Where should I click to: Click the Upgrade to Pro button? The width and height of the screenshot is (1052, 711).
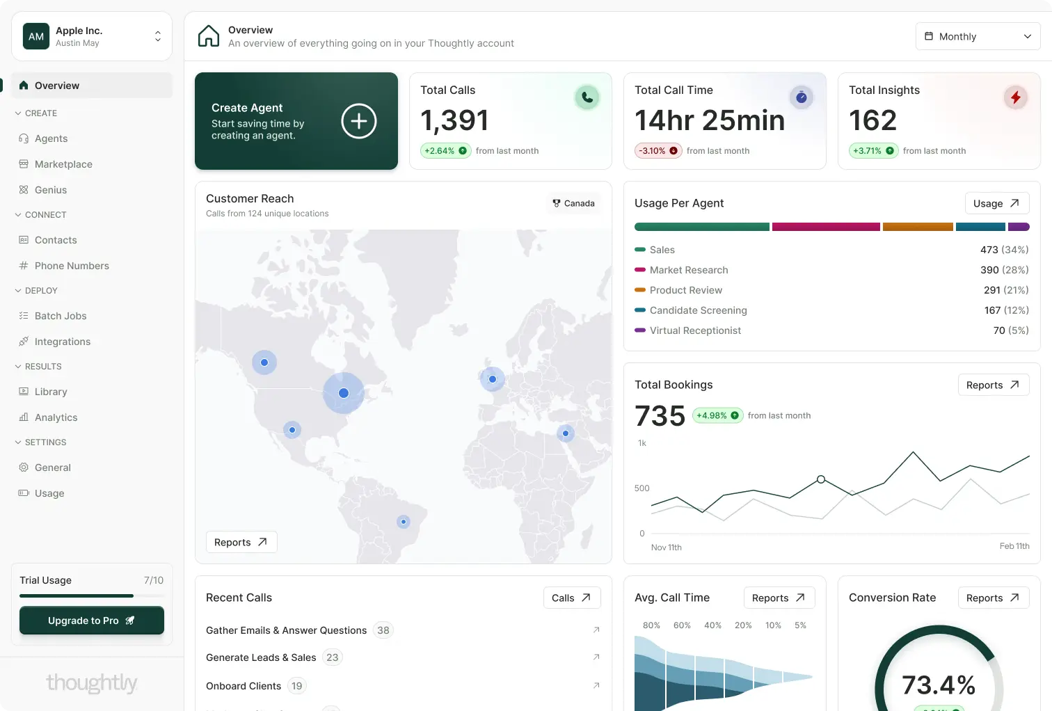[92, 621]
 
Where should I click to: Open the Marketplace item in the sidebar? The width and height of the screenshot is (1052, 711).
[63, 164]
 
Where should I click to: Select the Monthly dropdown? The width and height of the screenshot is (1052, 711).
[978, 36]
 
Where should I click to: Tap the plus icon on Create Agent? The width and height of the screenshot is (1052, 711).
[359, 120]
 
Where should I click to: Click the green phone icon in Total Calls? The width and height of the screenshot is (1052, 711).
[587, 97]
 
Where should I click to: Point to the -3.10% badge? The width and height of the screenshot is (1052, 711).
[658, 151]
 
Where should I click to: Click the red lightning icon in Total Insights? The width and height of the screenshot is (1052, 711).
[1015, 97]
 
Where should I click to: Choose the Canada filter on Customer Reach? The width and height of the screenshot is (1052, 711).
[573, 203]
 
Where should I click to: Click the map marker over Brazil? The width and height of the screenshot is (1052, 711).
[404, 522]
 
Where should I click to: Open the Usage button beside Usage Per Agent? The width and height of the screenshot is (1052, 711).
[996, 203]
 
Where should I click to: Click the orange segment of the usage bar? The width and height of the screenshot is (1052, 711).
[918, 227]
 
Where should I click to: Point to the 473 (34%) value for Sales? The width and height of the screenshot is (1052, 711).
[1004, 250]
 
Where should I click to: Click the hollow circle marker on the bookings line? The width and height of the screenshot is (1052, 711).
[820, 479]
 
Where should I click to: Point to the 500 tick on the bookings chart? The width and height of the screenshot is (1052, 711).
[641, 488]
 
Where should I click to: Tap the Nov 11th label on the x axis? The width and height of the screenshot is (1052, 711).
[666, 547]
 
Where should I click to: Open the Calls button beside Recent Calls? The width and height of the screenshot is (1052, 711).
[571, 598]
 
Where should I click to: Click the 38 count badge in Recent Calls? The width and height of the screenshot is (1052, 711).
[383, 630]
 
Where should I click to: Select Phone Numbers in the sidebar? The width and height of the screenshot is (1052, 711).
[72, 266]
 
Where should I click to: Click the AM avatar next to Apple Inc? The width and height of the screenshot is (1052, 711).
[36, 36]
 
